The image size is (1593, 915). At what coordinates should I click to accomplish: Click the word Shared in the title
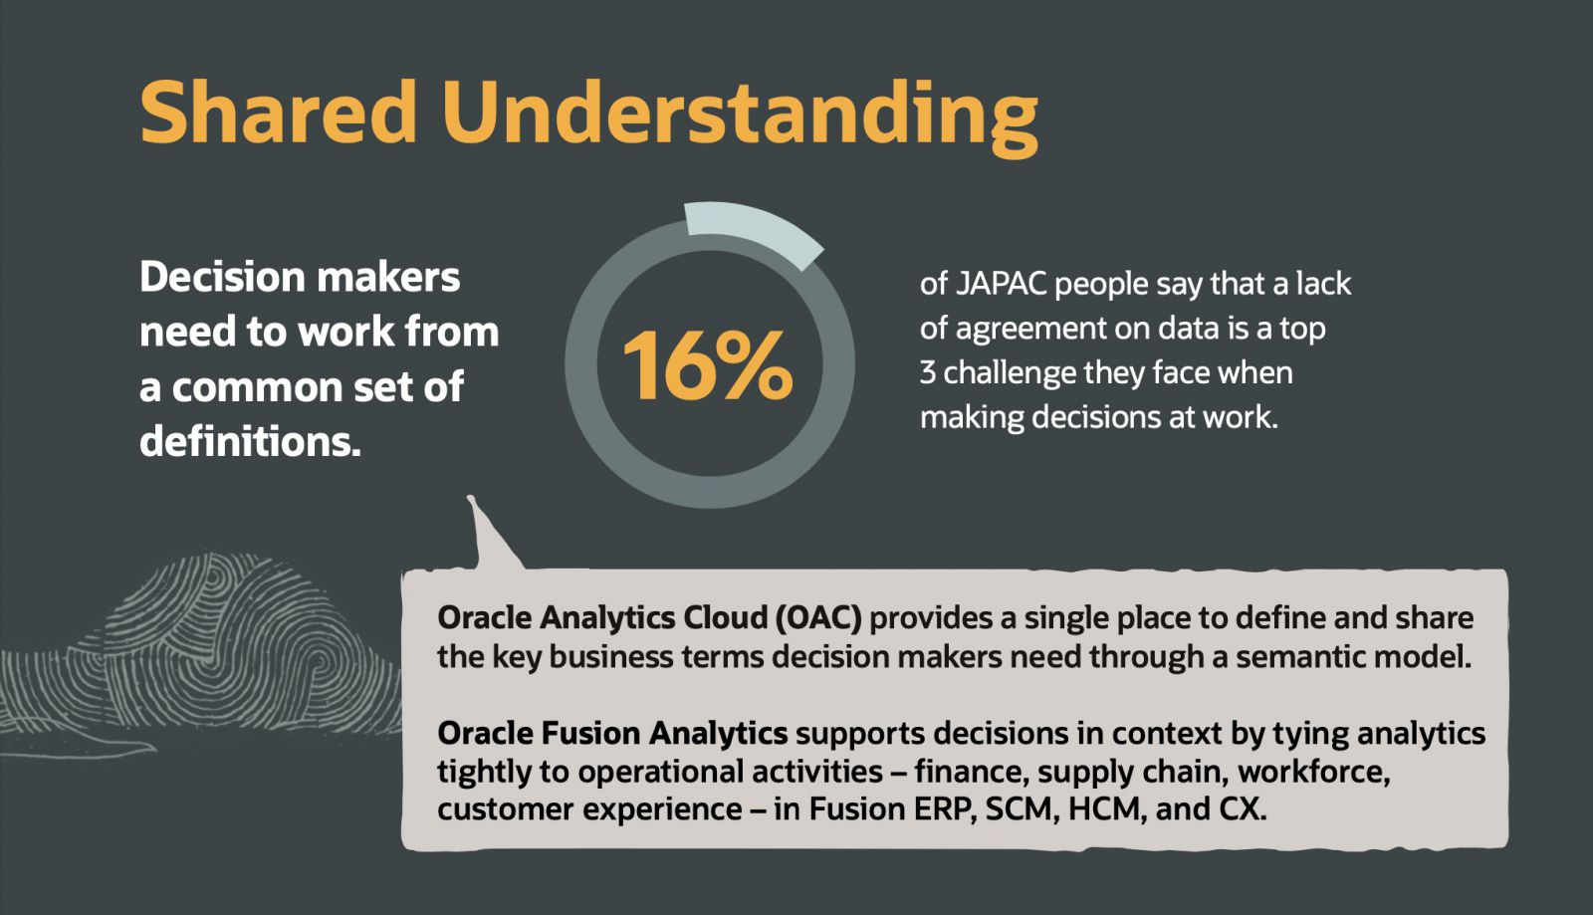pos(278,112)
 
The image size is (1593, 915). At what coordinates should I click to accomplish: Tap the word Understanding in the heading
pos(740,118)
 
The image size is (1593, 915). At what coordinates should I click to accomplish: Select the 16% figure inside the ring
pos(708,365)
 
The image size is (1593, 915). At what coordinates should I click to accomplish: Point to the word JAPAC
pos(1001,284)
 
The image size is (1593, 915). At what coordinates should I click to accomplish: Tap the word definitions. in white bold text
pos(250,441)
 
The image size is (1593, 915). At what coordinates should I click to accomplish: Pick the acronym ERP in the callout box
pos(942,809)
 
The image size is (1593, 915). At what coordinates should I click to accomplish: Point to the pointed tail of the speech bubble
pos(470,498)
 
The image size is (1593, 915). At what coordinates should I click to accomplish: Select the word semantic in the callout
pos(1297,656)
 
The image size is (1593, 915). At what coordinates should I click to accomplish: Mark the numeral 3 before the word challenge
pos(927,372)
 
